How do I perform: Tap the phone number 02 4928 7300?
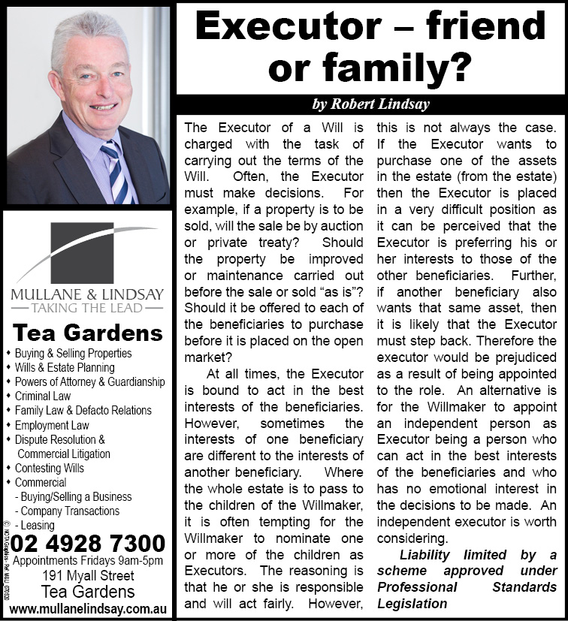point(88,543)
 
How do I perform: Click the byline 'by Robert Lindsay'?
point(370,104)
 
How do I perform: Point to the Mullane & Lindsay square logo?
point(88,252)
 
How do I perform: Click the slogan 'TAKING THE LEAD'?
point(88,307)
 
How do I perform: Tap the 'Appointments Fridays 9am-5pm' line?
point(88,560)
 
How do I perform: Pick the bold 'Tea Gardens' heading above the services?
point(88,332)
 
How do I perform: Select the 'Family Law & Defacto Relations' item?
point(83,410)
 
